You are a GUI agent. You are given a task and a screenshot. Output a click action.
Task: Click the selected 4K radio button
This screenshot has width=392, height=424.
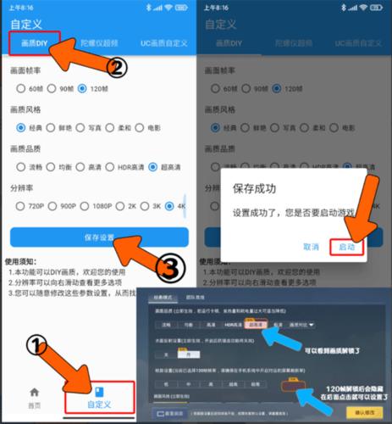172,206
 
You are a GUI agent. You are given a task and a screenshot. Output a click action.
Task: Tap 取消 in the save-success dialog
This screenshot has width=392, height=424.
310,246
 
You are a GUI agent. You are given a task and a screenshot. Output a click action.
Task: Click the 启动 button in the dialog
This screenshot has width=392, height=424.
348,246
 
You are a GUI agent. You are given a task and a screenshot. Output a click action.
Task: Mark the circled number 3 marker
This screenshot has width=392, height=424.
169,269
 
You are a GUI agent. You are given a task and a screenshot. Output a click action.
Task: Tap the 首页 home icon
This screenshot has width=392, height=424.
35,397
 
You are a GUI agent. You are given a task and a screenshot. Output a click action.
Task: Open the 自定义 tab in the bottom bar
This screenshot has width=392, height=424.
99,397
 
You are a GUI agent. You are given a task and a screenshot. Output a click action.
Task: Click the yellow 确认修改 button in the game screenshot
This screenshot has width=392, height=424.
366,413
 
